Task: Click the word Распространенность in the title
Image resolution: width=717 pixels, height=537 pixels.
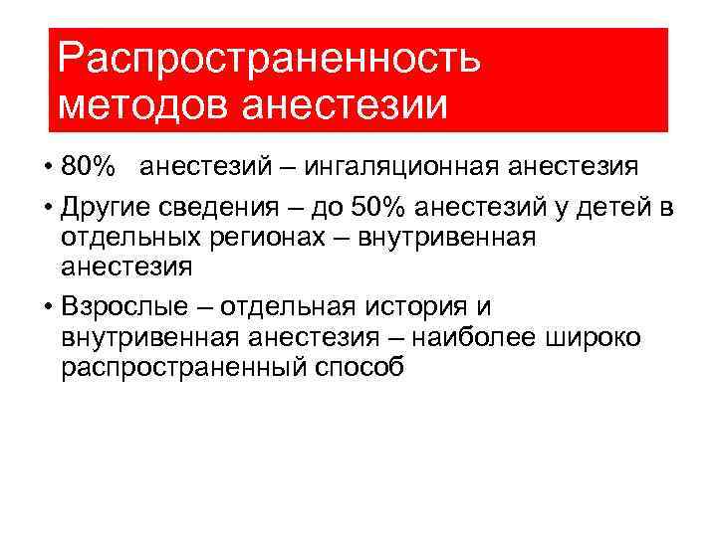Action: coord(269,58)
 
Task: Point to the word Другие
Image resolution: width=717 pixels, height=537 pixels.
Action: coord(104,208)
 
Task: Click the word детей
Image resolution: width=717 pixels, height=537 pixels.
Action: coord(615,208)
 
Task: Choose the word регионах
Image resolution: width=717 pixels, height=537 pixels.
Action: coord(269,238)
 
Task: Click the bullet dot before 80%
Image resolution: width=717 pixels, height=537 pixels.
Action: coord(47,167)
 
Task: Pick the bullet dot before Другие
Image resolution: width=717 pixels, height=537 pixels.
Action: coord(47,209)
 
